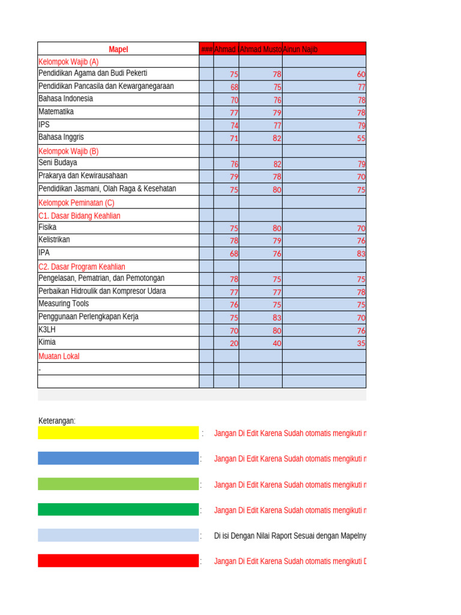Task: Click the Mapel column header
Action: (118, 49)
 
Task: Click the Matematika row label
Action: (56, 112)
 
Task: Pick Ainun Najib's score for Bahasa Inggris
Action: (361, 138)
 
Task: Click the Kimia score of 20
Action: (234, 344)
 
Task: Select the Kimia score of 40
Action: (277, 344)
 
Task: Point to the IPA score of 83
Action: (361, 253)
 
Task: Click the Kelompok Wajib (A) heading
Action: (68, 61)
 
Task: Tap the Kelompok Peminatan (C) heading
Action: (76, 202)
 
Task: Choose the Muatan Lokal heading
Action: (59, 356)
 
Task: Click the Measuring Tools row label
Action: (63, 304)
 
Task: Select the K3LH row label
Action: (47, 330)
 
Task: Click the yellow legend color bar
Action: (118, 433)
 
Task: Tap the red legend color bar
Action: (118, 561)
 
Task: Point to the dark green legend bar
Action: (118, 510)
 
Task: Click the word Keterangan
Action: (57, 420)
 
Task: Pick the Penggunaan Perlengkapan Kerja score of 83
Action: (277, 318)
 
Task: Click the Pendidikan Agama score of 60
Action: (361, 74)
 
